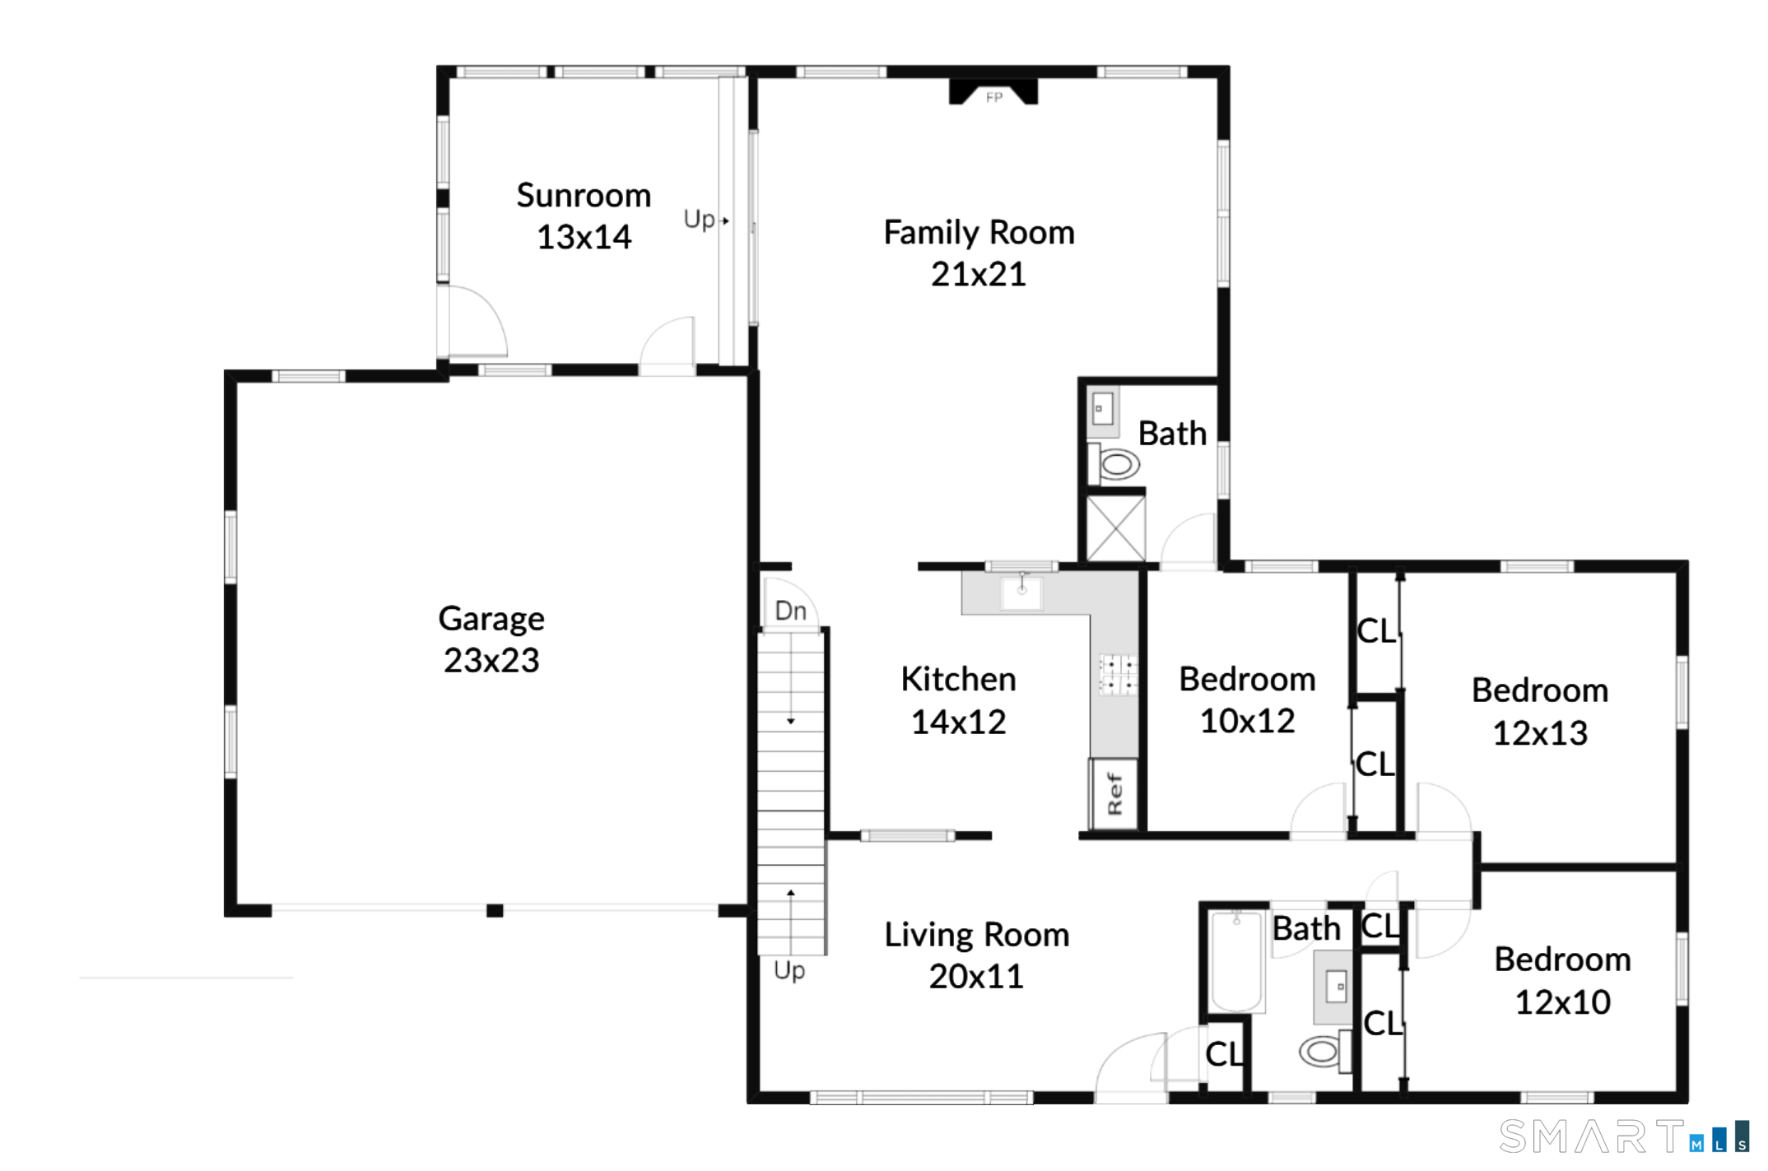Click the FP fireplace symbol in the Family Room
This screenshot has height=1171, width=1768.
pos(993,91)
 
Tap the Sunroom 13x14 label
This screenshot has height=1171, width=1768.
pos(584,216)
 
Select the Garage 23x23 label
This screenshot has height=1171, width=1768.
pos(491,639)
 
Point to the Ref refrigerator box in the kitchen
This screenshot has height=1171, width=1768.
pos(1114,793)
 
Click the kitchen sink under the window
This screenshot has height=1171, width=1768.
pos(1021,592)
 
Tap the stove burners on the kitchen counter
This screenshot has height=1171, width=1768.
pos(1118,675)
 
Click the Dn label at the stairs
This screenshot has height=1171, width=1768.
pos(791,611)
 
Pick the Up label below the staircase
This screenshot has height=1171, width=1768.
pos(789,970)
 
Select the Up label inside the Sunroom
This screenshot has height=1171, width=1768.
pos(700,219)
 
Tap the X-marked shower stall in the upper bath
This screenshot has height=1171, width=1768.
pos(1115,528)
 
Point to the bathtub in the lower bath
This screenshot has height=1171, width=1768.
pos(1236,961)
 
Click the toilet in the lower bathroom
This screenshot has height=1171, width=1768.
pos(1325,1051)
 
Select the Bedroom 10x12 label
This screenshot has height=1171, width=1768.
pos(1247,699)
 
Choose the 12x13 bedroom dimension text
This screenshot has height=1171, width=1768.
pos(1540,733)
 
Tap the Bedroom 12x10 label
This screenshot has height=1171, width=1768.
pos(1562,980)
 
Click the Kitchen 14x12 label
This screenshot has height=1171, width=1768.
pos(958,700)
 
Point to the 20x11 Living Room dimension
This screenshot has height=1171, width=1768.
pos(976,977)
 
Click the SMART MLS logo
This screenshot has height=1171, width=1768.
pos(1623,1136)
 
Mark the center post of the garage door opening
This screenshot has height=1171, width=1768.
pos(495,910)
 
